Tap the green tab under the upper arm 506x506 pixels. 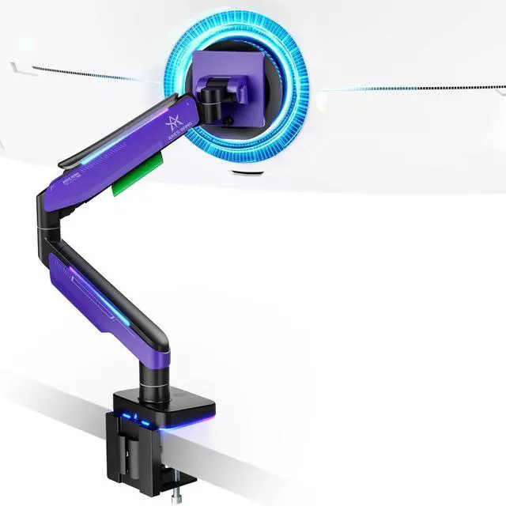[x=136, y=181]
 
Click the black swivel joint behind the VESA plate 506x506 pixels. [x=210, y=98]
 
